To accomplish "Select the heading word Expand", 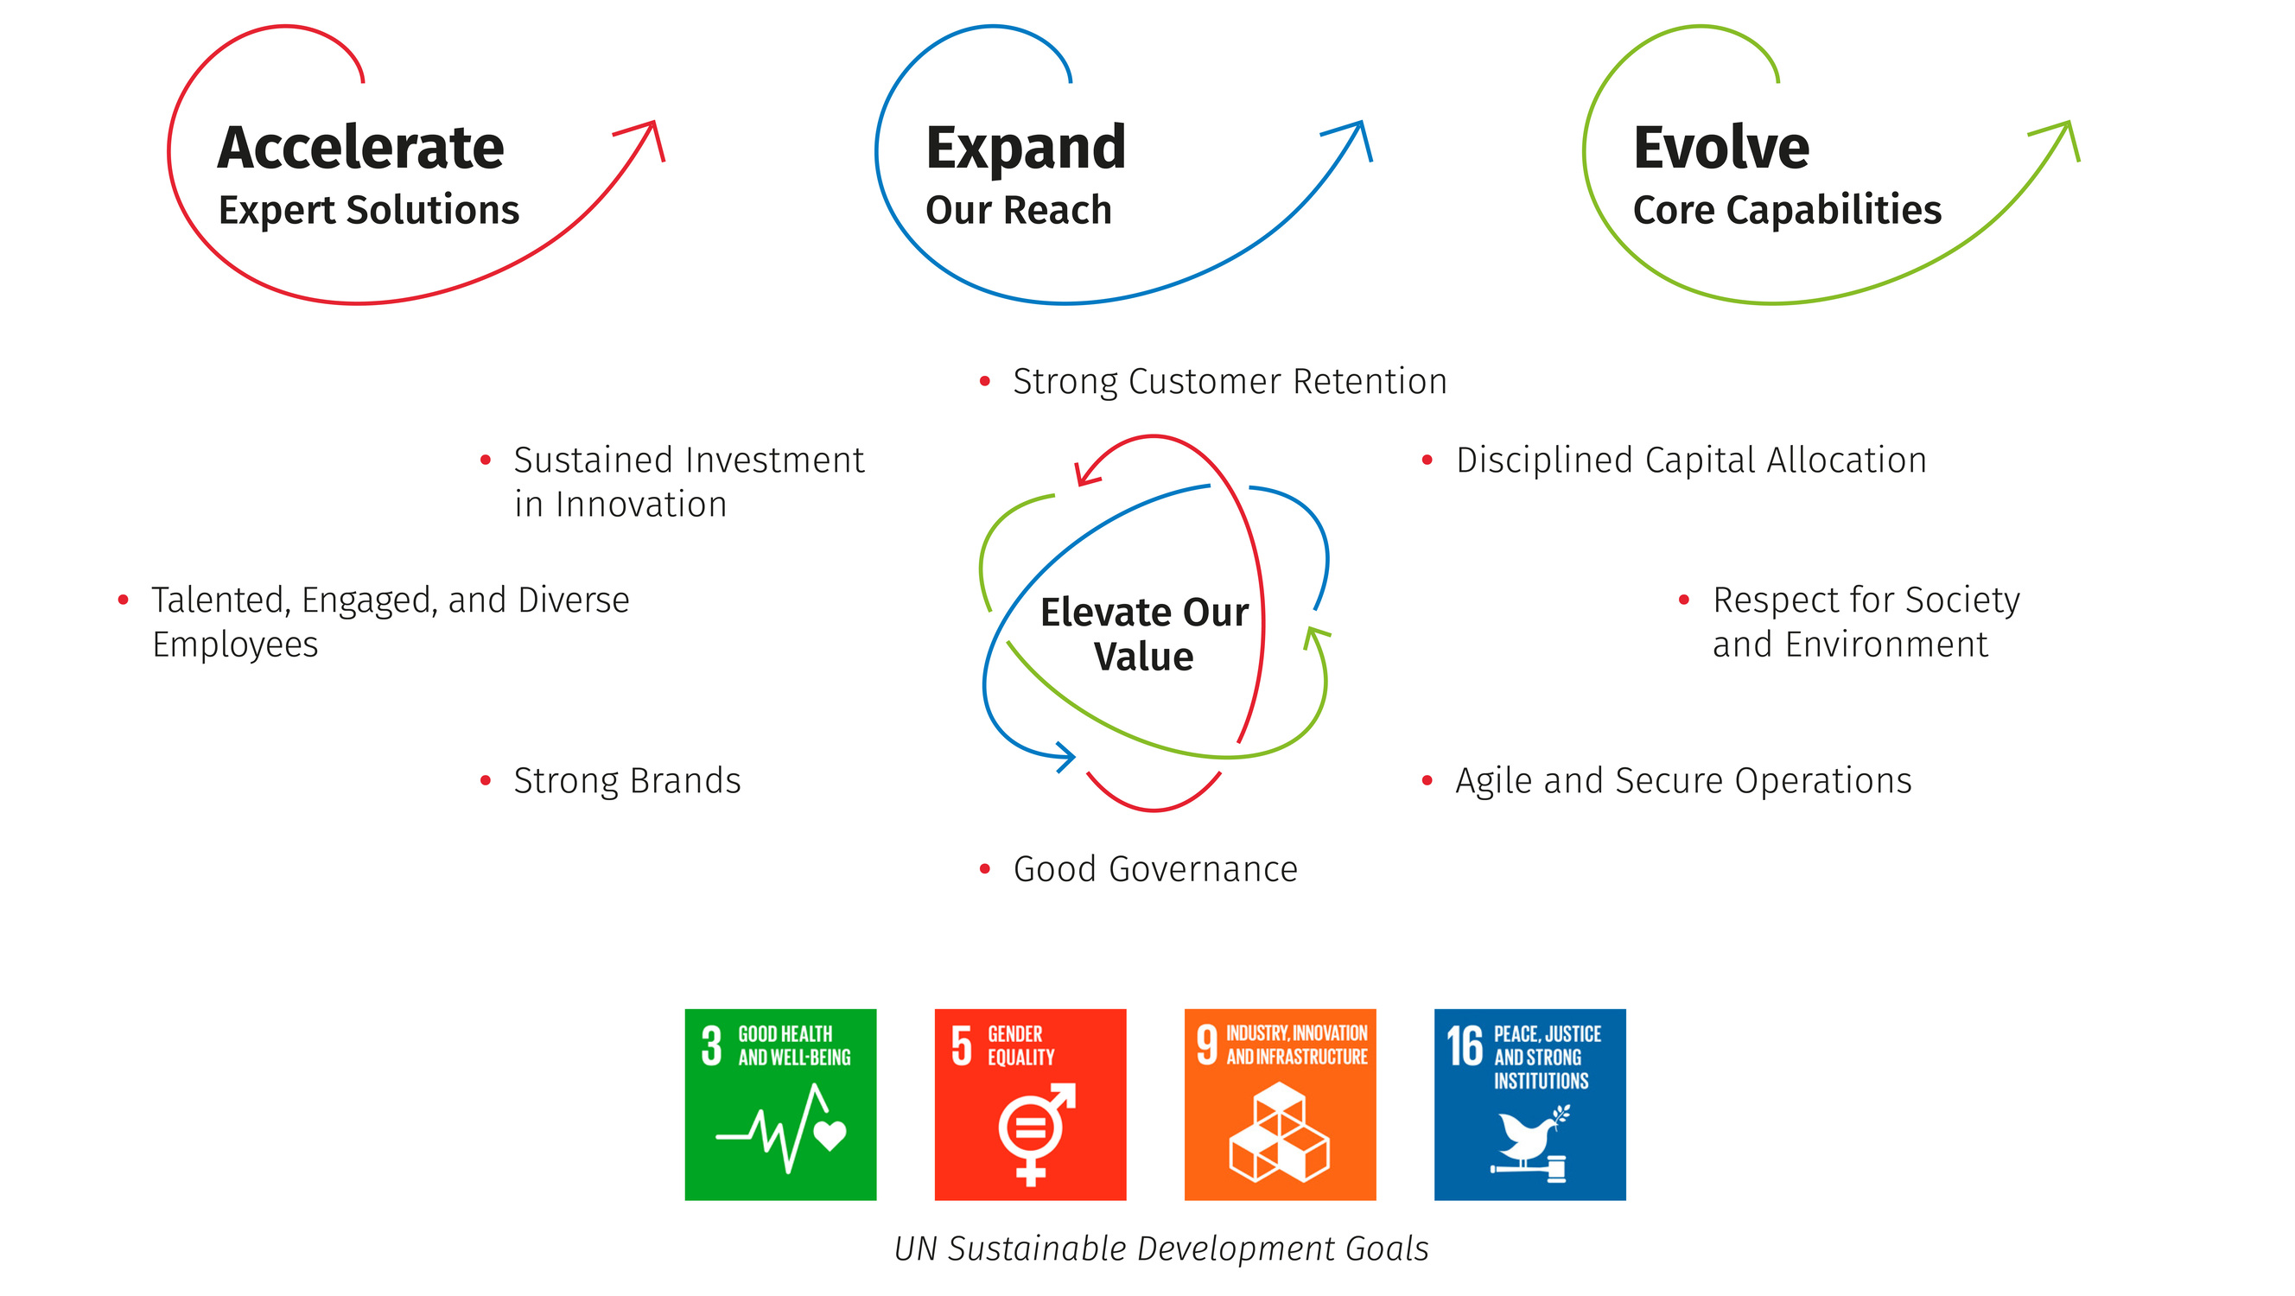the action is pos(1026,149).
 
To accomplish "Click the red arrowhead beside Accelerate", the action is pos(646,138).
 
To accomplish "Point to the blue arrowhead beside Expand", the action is pos(1353,138).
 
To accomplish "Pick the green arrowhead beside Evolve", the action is pos(2061,138).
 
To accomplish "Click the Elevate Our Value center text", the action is pos(1144,634).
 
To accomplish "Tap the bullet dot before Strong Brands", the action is pos(486,781).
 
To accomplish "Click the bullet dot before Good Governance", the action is pos(984,869).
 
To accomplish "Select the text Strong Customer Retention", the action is pos(1230,381).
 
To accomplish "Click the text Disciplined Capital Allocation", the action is pos(1691,461).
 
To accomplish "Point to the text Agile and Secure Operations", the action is pos(1684,781).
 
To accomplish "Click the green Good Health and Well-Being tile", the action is pos(780,1104).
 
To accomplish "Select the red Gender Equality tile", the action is pos(1031,1104).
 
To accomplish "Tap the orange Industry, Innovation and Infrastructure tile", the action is pos(1281,1104).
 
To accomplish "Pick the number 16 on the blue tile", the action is pos(1465,1045).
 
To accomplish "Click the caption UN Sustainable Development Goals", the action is pos(1161,1248).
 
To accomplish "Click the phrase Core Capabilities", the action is pos(1787,211).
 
